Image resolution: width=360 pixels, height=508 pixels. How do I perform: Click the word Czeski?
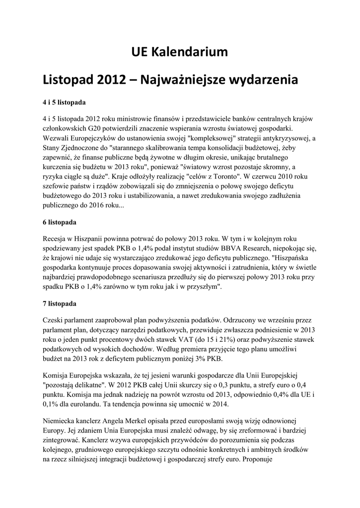click(55, 320)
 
